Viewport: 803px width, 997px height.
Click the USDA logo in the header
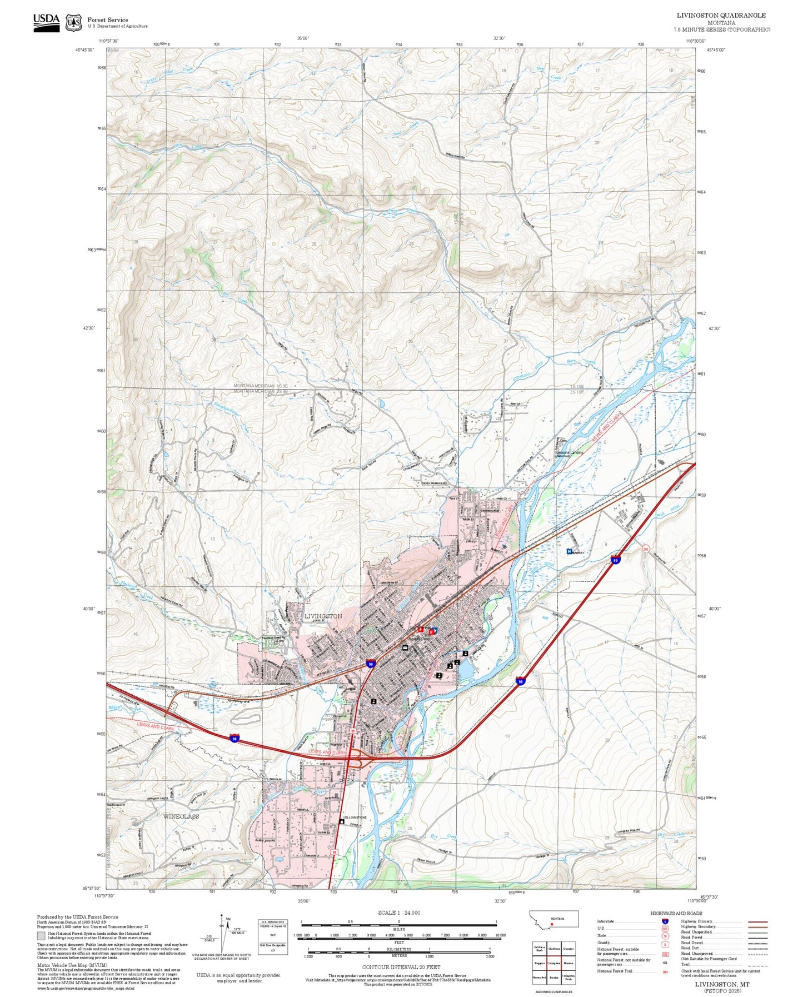point(46,22)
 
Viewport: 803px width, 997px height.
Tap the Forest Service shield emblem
point(73,23)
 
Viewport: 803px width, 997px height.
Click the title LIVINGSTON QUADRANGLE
point(721,16)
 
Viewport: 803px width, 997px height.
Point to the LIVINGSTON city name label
point(323,616)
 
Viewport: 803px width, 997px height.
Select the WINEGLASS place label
point(181,816)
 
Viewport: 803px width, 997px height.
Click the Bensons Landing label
point(569,453)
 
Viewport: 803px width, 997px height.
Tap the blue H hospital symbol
point(568,551)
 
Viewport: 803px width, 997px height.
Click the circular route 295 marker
point(646,549)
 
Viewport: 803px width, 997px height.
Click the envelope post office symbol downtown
point(405,648)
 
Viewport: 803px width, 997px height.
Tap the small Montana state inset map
point(555,920)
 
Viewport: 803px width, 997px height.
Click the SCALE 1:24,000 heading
point(399,913)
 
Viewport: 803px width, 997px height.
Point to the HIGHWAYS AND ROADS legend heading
point(676,913)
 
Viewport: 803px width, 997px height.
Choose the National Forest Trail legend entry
point(615,971)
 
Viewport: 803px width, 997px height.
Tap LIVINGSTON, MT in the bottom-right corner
point(722,984)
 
